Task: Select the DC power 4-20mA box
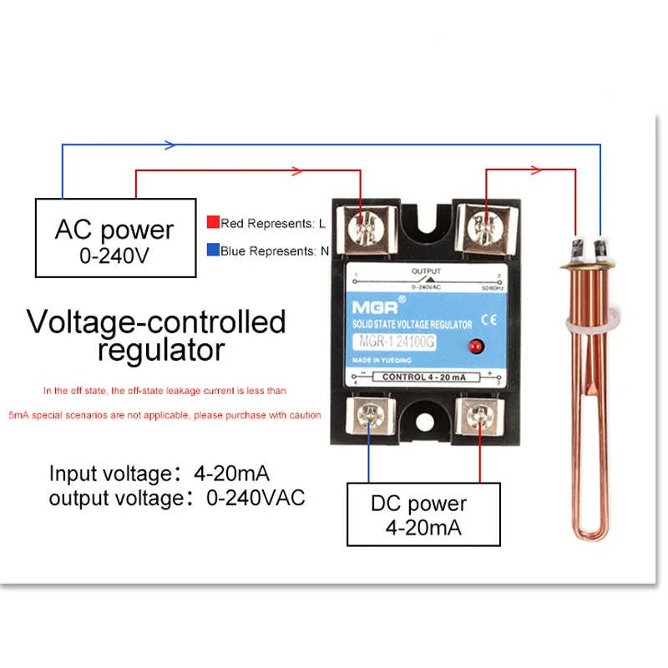418,515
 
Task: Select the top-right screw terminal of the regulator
481,225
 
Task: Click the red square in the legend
214,223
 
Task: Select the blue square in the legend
214,250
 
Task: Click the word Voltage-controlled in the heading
156,321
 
